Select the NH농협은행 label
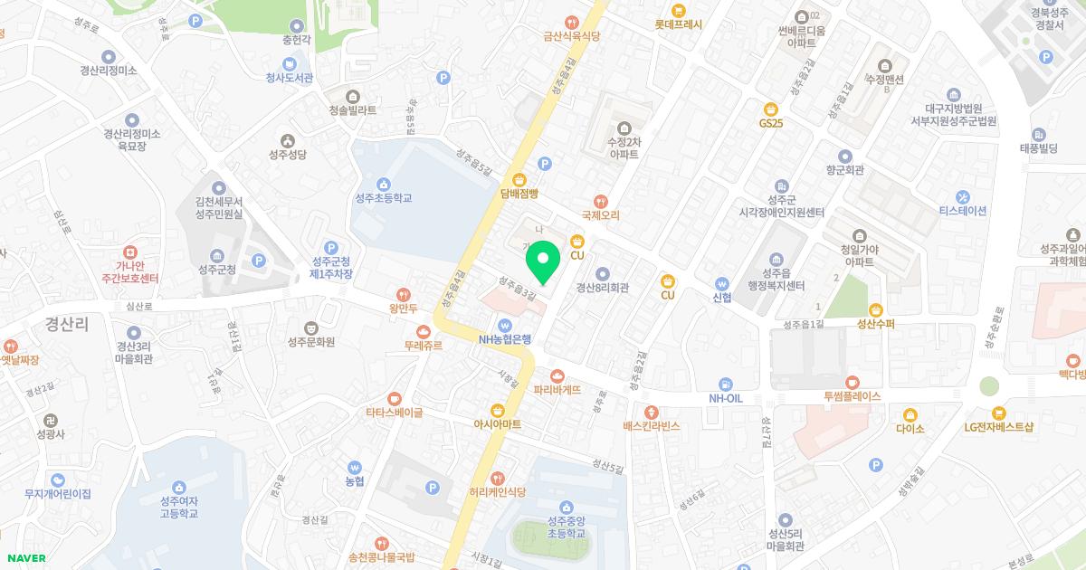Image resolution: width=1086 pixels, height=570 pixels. (505, 340)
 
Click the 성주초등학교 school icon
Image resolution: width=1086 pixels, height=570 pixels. (384, 184)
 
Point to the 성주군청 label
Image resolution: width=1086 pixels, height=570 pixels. (216, 270)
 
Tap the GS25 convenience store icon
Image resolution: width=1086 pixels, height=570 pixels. (771, 109)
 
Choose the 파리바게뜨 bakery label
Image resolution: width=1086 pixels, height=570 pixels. (557, 390)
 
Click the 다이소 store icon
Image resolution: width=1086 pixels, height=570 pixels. (910, 413)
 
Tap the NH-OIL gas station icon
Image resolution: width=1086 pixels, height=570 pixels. (725, 384)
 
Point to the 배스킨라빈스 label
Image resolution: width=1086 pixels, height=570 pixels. (651, 425)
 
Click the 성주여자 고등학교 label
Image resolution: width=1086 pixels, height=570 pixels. (178, 508)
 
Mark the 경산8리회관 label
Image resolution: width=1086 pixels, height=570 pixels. (603, 288)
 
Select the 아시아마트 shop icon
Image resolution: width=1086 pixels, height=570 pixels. (497, 409)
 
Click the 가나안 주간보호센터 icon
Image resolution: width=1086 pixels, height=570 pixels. (130, 251)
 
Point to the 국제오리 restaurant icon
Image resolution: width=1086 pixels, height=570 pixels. (600, 201)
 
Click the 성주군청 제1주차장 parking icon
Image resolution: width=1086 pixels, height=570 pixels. (330, 247)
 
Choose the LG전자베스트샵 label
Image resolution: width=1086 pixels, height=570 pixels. (998, 426)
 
